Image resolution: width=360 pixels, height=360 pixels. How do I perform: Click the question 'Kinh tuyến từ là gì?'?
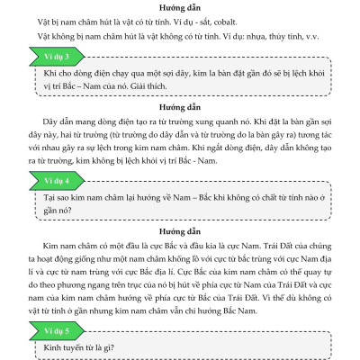tap(90, 348)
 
